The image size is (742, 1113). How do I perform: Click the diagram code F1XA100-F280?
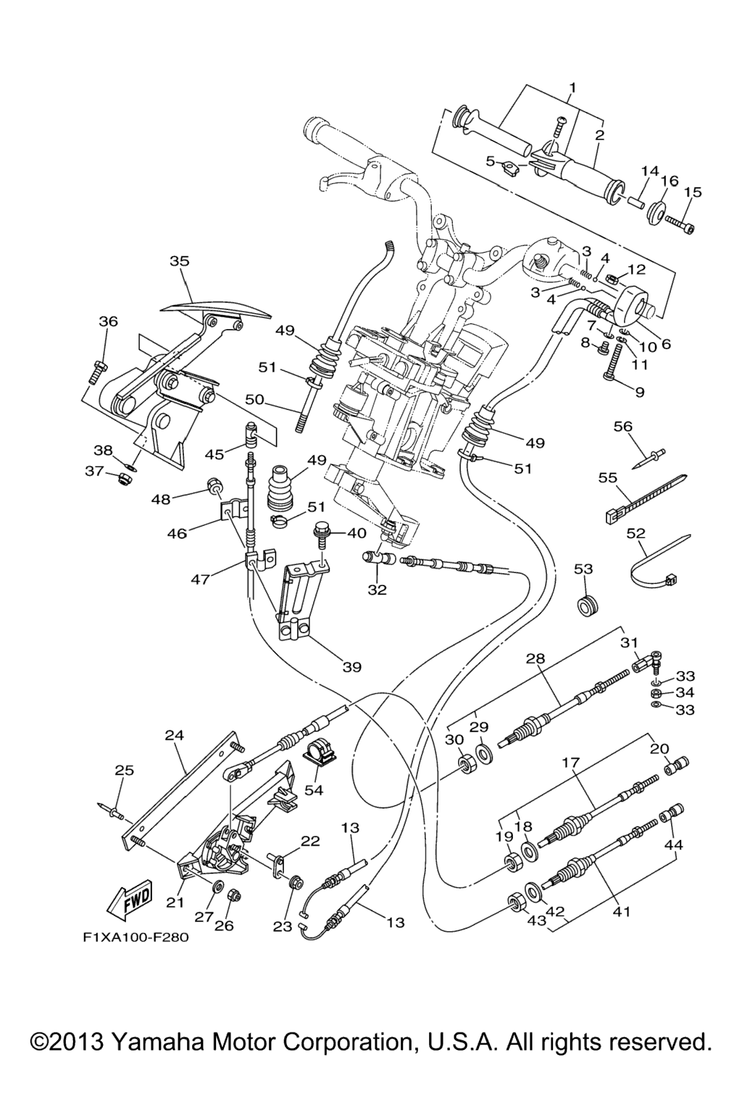[136, 937]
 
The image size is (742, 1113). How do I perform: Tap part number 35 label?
[179, 261]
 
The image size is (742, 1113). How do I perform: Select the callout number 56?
[623, 426]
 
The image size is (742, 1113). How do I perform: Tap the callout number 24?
[174, 735]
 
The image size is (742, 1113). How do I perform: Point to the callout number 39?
[351, 667]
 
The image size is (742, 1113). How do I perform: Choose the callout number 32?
[377, 590]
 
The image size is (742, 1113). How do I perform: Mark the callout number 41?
[621, 912]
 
